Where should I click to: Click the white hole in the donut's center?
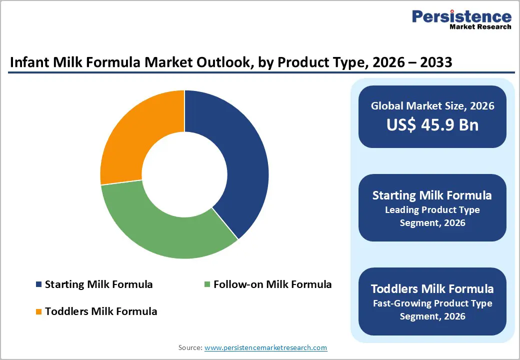pyautogui.click(x=184, y=174)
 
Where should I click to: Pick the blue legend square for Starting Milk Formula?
pyautogui.click(x=38, y=284)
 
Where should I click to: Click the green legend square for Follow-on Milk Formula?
pyautogui.click(x=207, y=284)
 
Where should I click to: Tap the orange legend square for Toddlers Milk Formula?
pyautogui.click(x=38, y=311)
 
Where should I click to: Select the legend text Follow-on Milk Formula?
pyautogui.click(x=272, y=284)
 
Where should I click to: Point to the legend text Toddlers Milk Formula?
pyautogui.click(x=101, y=311)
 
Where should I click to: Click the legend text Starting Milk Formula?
pyautogui.click(x=98, y=284)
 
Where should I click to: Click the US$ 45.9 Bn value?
pyautogui.click(x=432, y=124)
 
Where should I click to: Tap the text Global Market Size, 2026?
pyautogui.click(x=432, y=105)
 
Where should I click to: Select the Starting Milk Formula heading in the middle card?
pyautogui.click(x=432, y=195)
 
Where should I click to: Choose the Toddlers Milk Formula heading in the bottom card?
pyautogui.click(x=432, y=288)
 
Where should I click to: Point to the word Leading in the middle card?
pyautogui.click(x=402, y=209)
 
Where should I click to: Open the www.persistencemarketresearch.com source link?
pyautogui.click(x=265, y=347)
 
